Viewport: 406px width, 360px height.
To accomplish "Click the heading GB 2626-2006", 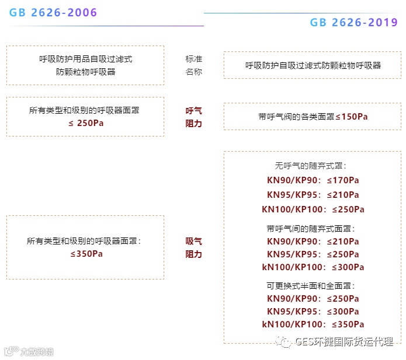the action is (53, 13).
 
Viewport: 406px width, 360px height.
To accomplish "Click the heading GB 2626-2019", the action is (353, 23).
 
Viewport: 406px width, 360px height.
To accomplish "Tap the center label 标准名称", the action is (194, 65).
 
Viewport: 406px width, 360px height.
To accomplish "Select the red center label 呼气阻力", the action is (194, 117).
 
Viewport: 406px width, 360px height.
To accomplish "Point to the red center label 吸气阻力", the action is (194, 247).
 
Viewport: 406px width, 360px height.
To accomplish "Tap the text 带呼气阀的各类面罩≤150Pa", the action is (313, 117).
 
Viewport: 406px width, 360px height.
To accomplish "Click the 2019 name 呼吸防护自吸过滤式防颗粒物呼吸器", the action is (313, 65).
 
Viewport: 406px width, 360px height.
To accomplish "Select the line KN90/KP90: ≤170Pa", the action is (313, 180).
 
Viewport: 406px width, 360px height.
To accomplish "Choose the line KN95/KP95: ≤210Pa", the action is (313, 194).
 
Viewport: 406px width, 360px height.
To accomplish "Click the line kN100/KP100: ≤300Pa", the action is (313, 267).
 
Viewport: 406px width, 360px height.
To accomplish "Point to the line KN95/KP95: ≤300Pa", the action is (313, 312).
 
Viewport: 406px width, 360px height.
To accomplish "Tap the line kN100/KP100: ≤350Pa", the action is (313, 324).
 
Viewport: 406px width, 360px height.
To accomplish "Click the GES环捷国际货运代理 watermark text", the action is (344, 342).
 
